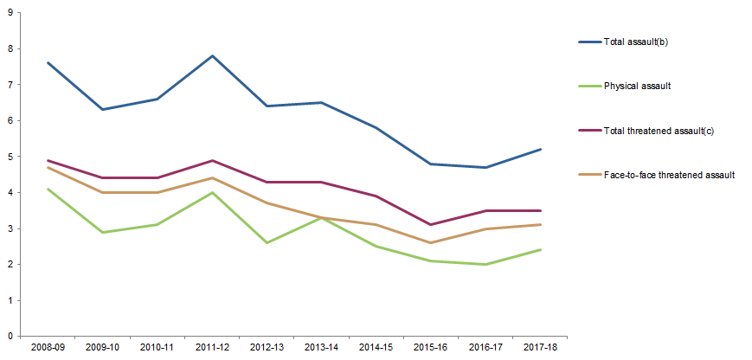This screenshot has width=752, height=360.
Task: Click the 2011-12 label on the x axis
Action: pyautogui.click(x=212, y=347)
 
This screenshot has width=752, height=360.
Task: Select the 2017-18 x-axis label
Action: pyautogui.click(x=541, y=347)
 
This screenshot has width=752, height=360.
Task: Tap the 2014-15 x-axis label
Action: pyautogui.click(x=376, y=347)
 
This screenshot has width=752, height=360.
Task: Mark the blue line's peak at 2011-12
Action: pyautogui.click(x=212, y=56)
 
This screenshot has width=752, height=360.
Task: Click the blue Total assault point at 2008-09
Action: pyautogui.click(x=48, y=62)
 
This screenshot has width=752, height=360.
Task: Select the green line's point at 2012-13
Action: pyautogui.click(x=267, y=242)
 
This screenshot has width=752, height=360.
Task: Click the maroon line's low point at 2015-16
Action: pyautogui.click(x=431, y=225)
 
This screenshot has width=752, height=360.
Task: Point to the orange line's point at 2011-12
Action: pyautogui.click(x=212, y=177)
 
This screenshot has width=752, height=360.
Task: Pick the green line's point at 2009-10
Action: pyautogui.click(x=102, y=232)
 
